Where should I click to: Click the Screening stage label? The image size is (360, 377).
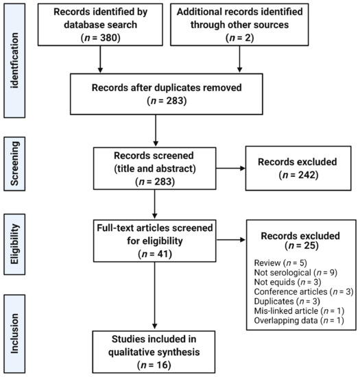click(x=14, y=164)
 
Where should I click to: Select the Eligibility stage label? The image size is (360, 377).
click(x=14, y=244)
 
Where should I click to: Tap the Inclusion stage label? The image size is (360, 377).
click(x=14, y=334)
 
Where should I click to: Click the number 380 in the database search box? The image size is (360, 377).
click(x=108, y=38)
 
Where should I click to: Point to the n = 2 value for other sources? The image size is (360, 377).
click(x=240, y=38)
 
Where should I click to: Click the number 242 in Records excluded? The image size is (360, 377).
click(x=307, y=175)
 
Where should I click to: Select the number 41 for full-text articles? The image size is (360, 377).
click(x=163, y=254)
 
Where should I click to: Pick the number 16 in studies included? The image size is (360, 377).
click(x=162, y=365)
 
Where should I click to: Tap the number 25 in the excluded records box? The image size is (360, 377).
click(x=309, y=245)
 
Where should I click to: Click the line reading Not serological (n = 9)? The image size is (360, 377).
click(x=296, y=272)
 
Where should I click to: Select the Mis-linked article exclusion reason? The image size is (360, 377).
click(x=299, y=311)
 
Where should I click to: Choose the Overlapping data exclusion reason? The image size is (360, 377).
click(x=299, y=321)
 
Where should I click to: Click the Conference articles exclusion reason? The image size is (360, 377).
click(x=304, y=291)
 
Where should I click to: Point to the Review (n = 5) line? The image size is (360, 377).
click(x=280, y=263)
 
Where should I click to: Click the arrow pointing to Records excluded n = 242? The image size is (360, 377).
click(x=230, y=169)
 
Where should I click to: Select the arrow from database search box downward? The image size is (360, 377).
click(x=100, y=59)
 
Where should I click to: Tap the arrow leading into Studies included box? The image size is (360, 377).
click(x=155, y=295)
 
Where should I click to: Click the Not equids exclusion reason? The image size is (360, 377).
click(x=287, y=282)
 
